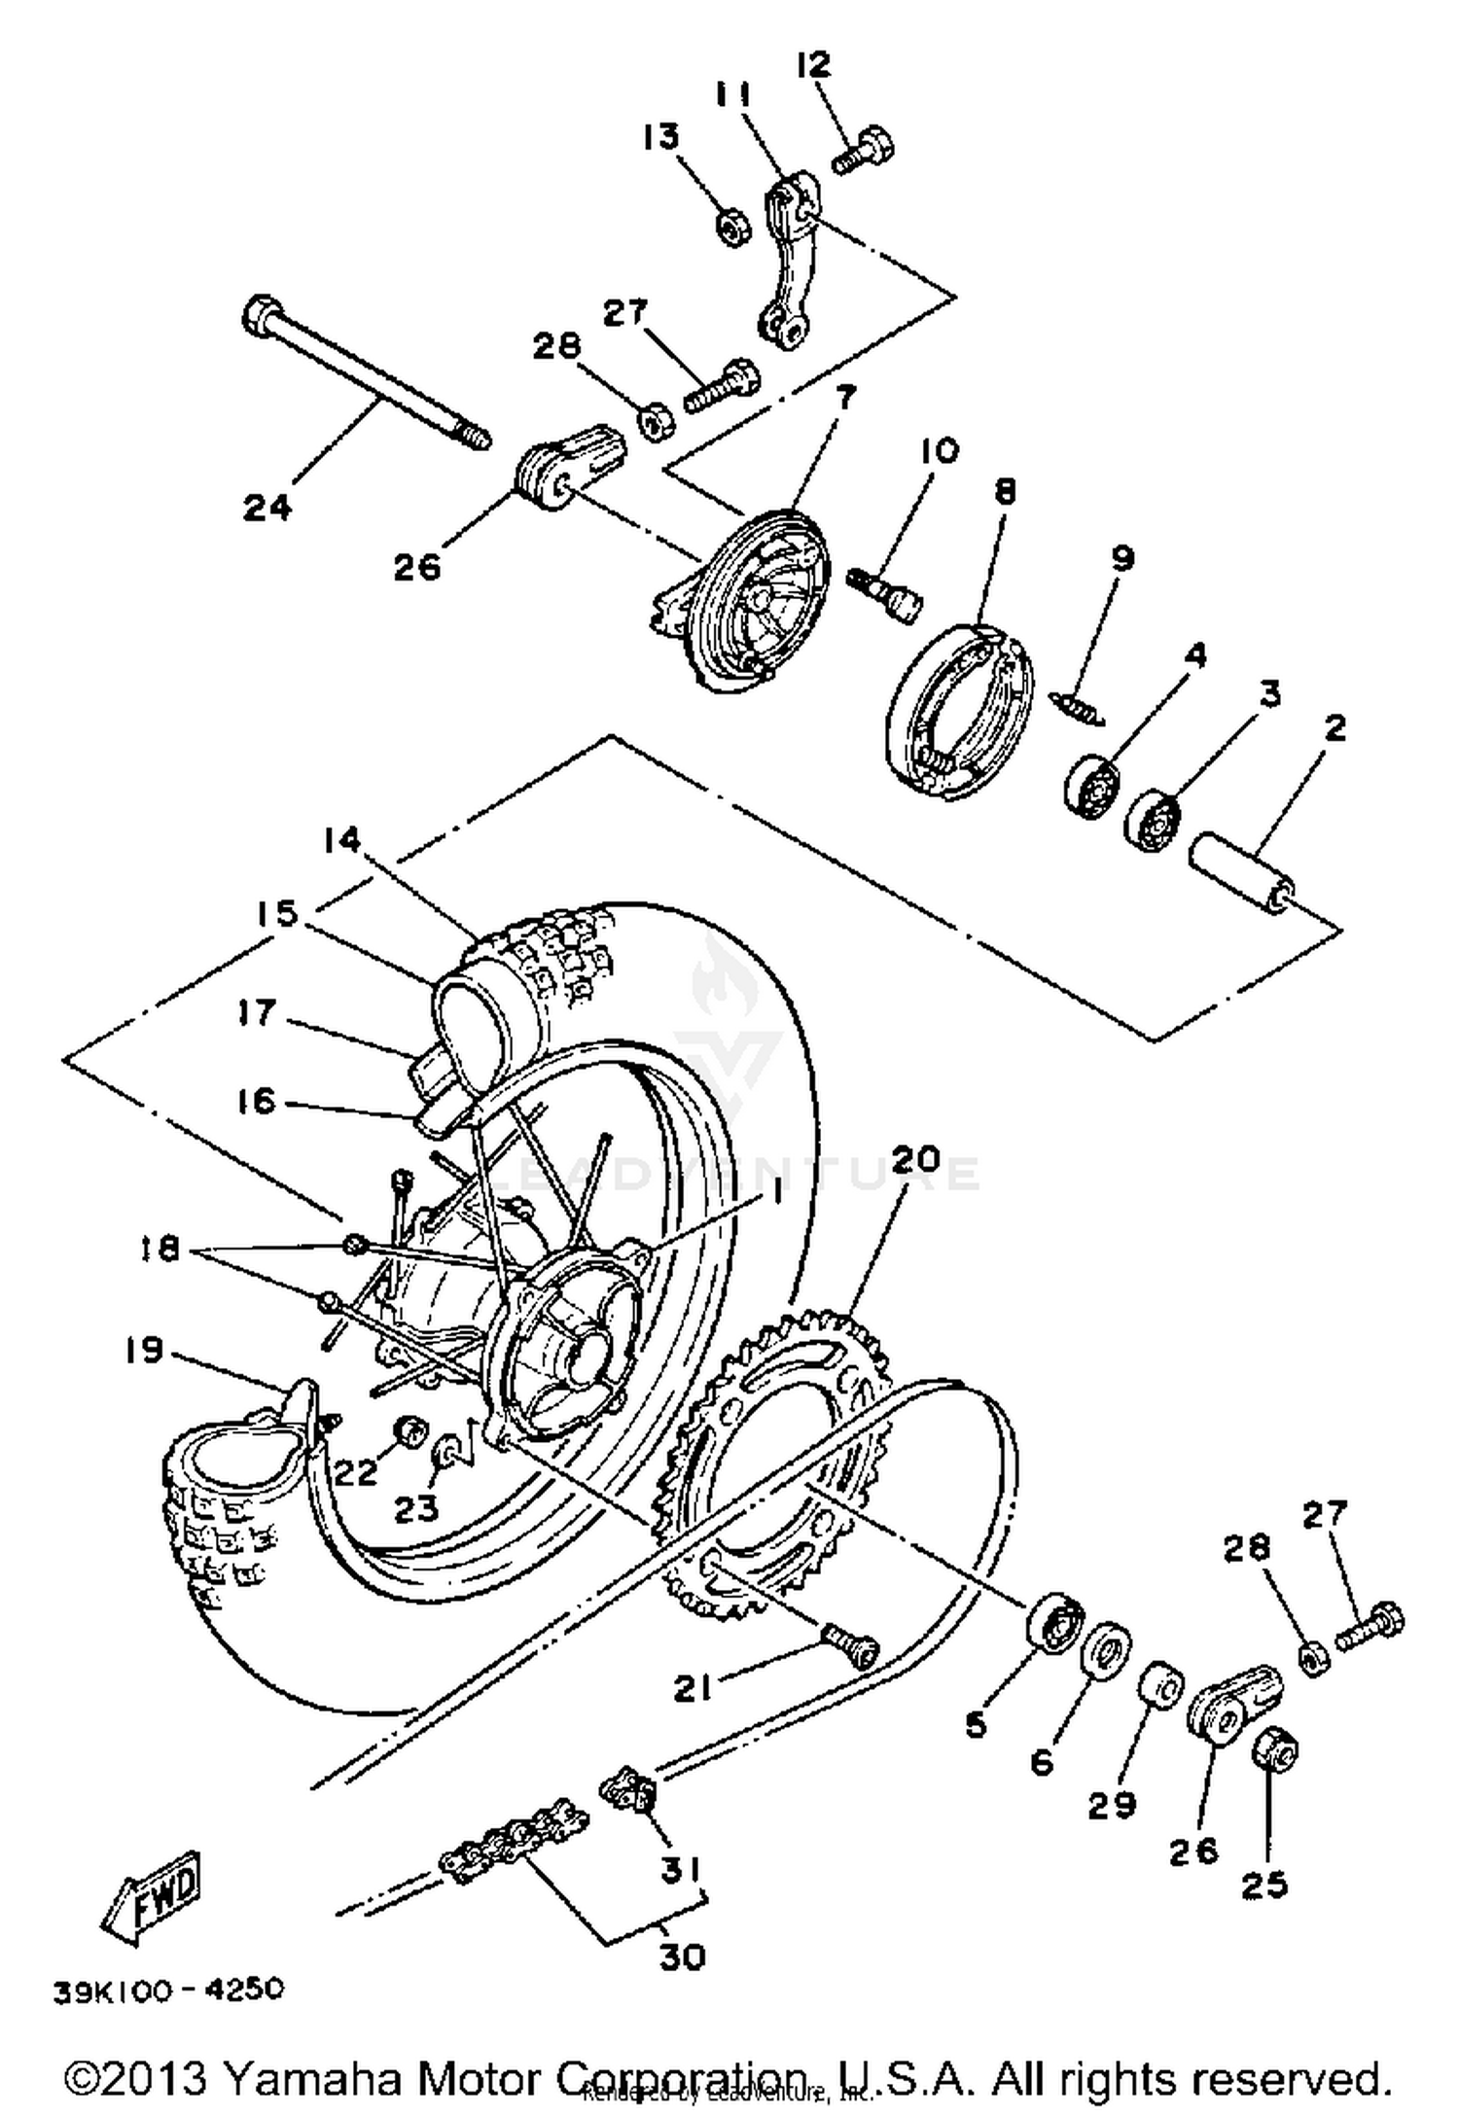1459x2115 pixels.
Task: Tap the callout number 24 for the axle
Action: point(266,507)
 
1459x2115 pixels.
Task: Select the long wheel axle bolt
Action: point(365,374)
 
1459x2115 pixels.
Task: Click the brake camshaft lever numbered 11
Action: point(791,263)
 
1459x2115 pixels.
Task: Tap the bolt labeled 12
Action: point(865,150)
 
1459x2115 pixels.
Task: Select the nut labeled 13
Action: point(730,227)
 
